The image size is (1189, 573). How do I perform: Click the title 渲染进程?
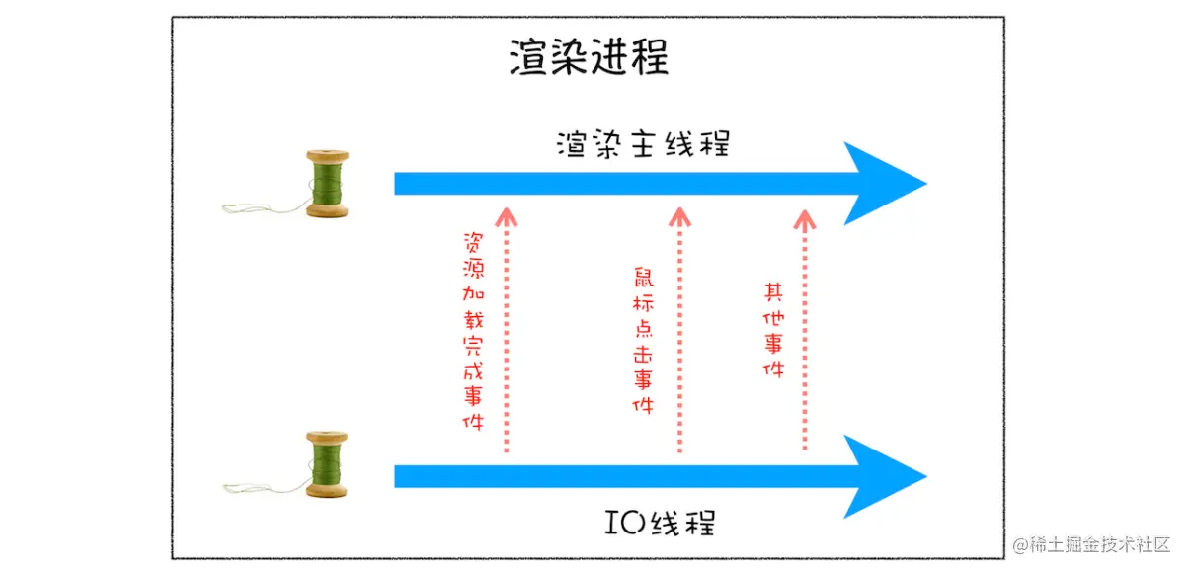click(x=589, y=58)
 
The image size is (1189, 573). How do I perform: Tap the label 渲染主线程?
click(x=643, y=144)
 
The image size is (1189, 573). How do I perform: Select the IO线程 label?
click(x=659, y=521)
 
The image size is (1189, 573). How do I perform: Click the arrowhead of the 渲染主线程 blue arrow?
click(x=884, y=184)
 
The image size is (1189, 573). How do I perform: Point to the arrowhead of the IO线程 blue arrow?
click(x=884, y=477)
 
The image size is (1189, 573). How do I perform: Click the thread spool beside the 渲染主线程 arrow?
click(x=326, y=184)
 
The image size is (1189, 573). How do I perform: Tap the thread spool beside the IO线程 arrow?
click(x=326, y=464)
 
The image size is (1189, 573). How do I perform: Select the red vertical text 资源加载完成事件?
click(x=473, y=332)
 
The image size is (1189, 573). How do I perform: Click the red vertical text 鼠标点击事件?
click(x=643, y=342)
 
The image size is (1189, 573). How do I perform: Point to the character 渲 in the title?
click(x=529, y=58)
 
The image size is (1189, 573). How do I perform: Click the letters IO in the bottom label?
click(x=617, y=521)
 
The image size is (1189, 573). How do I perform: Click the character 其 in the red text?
click(x=774, y=292)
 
